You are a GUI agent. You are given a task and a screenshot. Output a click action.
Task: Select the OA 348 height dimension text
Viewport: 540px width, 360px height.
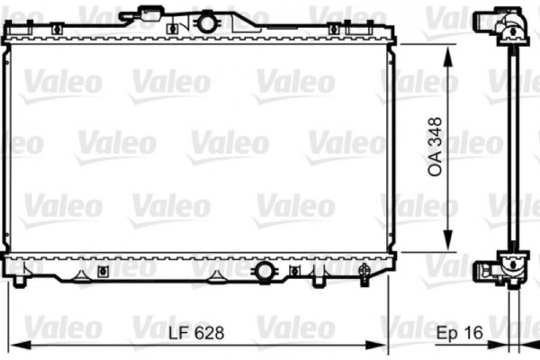click(x=436, y=147)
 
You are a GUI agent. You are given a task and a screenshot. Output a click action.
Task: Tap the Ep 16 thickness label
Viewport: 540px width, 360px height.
click(x=460, y=332)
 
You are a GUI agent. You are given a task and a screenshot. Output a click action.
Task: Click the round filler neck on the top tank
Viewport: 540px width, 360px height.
click(x=208, y=20)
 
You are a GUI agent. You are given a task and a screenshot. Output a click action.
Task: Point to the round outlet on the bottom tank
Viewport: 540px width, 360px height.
click(x=265, y=271)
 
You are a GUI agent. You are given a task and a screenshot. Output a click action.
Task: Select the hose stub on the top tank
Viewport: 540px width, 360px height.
click(x=148, y=13)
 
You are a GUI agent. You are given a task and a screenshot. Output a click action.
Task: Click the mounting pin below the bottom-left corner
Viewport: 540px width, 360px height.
click(x=19, y=284)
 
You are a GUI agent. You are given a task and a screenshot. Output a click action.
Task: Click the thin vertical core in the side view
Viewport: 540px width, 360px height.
click(x=513, y=144)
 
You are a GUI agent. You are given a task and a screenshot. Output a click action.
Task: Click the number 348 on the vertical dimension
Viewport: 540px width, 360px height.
click(x=436, y=133)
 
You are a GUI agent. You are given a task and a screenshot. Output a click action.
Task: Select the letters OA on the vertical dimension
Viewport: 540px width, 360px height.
click(x=436, y=167)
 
